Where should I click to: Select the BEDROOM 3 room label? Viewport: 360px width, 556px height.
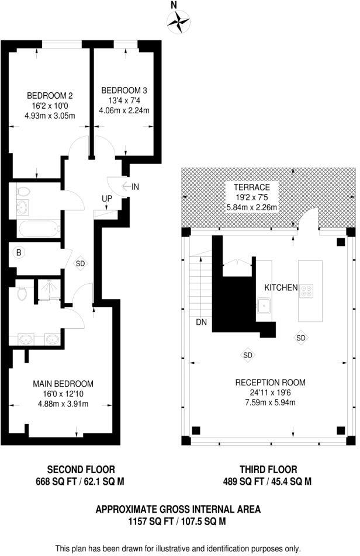click(x=124, y=91)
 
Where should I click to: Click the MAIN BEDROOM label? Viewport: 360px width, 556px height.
click(x=63, y=384)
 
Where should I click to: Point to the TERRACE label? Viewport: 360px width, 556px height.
click(x=252, y=187)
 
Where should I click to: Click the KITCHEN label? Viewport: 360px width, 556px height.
click(x=281, y=288)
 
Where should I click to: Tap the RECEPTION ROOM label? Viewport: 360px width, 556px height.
click(x=271, y=383)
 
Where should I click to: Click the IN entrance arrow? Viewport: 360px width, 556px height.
click(x=130, y=186)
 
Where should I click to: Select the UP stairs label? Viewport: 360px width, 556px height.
click(x=107, y=199)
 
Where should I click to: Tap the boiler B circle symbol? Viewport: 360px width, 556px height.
click(x=19, y=253)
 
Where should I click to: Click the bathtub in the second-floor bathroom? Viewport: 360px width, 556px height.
click(x=39, y=228)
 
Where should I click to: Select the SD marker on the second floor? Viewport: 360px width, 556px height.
click(x=80, y=263)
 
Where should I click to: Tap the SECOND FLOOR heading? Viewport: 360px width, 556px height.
click(x=81, y=469)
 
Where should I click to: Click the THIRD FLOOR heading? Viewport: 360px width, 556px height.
click(x=268, y=469)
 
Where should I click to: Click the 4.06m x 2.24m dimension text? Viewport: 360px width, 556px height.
click(x=124, y=110)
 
